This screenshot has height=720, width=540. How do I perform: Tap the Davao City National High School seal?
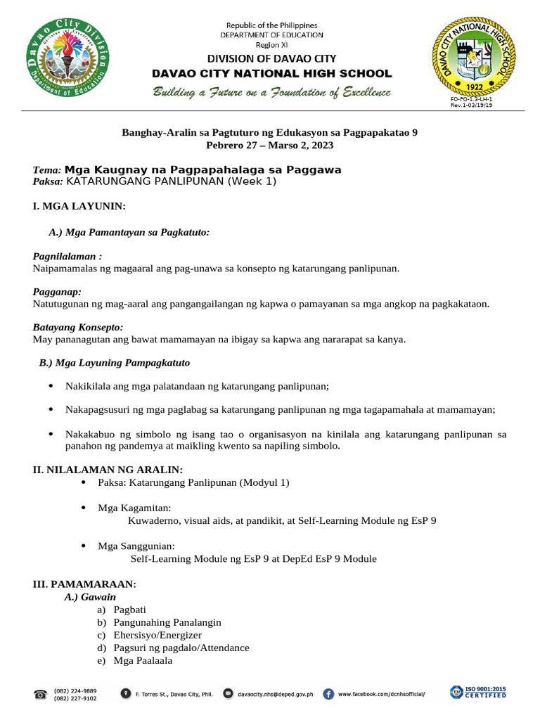tap(473, 57)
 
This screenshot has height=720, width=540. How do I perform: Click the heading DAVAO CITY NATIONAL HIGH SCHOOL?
tap(272, 74)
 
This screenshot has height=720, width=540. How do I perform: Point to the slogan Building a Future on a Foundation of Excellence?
tap(272, 93)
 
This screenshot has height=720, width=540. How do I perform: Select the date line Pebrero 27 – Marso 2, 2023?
tap(270, 146)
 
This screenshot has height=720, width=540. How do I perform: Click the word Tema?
tap(47, 170)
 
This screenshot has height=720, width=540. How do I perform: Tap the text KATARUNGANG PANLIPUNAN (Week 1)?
tap(171, 181)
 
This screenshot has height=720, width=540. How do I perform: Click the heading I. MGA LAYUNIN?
tap(79, 207)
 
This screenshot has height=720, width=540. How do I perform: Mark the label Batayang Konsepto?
tap(78, 327)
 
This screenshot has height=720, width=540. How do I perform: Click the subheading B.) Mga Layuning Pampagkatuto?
tap(114, 363)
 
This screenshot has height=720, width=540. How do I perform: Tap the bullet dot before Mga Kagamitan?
tap(84, 508)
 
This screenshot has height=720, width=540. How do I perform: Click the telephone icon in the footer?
tap(40, 695)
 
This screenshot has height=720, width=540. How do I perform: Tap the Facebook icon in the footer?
tap(328, 694)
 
